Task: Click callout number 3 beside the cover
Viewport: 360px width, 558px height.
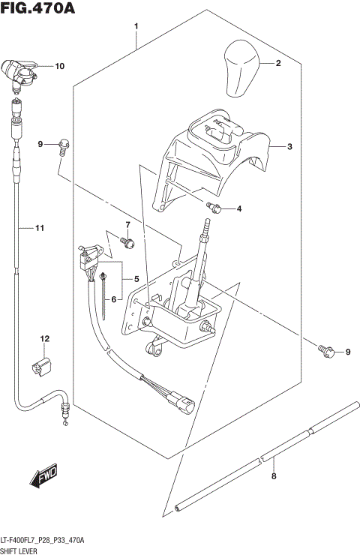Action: (x=289, y=147)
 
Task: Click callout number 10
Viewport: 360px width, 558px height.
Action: (x=59, y=66)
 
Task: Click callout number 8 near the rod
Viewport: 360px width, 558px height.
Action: (x=274, y=475)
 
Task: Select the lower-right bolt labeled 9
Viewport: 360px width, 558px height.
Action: (x=324, y=349)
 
